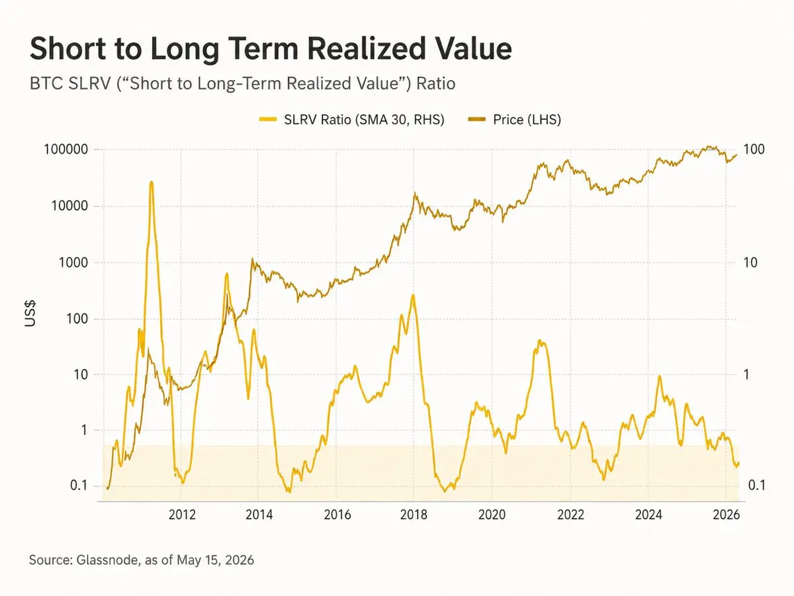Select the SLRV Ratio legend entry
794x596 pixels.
click(x=351, y=120)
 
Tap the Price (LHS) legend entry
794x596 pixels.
click(x=514, y=120)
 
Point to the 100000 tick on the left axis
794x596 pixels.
click(x=66, y=149)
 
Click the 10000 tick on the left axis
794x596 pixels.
click(x=69, y=206)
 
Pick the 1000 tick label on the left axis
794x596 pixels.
click(x=73, y=263)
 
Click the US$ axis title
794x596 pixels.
click(x=30, y=313)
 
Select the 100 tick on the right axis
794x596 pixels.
click(x=754, y=149)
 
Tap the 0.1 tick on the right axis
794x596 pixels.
click(x=757, y=485)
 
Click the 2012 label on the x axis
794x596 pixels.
click(x=182, y=515)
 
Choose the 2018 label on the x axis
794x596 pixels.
click(x=414, y=515)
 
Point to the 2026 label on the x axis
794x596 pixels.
click(x=727, y=515)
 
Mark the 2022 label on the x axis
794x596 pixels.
click(x=570, y=515)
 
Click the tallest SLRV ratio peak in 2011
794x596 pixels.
click(x=152, y=182)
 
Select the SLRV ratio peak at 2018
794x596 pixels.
click(x=413, y=295)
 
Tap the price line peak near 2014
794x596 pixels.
click(x=252, y=259)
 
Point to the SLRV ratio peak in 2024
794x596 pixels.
click(x=660, y=376)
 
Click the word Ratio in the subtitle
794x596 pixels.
click(x=435, y=83)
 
